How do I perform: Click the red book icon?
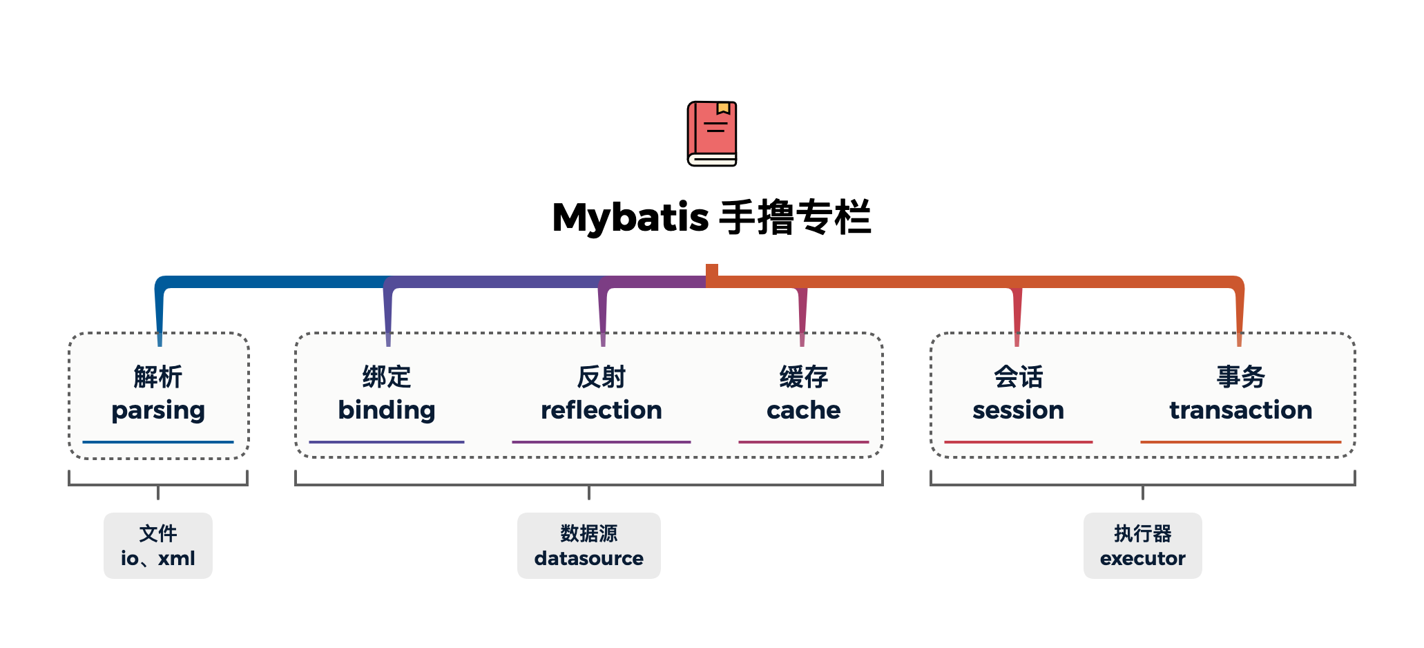pos(712,133)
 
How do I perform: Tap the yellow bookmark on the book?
pos(723,108)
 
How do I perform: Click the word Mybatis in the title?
pos(631,218)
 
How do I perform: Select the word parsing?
pos(158,411)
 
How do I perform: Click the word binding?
pos(387,410)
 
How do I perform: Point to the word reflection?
pos(602,410)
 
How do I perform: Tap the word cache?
pos(804,410)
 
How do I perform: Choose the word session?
pos(1019,410)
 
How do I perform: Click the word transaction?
pos(1241,410)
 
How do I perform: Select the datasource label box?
pos(589,546)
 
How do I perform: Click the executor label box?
pos(1143,546)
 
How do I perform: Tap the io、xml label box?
pos(158,546)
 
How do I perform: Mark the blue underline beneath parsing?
pos(158,442)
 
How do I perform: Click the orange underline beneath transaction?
pos(1241,442)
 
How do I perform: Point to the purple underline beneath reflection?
pos(602,442)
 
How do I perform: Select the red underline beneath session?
pos(1019,442)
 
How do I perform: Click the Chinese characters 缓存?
pos(804,377)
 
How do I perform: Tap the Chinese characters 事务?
pos(1241,377)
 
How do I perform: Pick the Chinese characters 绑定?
pos(387,377)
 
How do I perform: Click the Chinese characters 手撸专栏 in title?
pos(795,218)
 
